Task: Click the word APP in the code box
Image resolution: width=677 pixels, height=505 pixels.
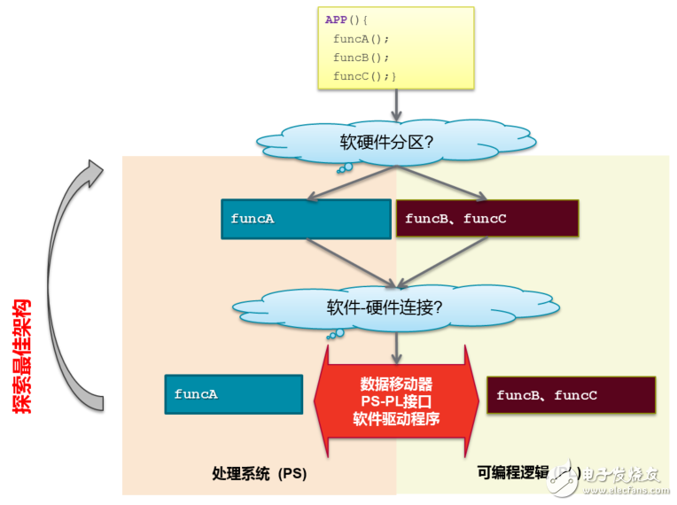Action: (x=337, y=19)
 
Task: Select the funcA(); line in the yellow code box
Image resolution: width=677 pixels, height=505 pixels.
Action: (x=360, y=39)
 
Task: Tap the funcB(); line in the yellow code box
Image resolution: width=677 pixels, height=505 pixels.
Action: (x=360, y=58)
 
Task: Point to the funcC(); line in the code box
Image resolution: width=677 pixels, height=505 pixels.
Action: (x=364, y=76)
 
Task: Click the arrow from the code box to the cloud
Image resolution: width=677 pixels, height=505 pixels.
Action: (x=396, y=105)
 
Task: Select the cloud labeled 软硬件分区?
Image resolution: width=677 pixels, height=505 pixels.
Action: (x=390, y=143)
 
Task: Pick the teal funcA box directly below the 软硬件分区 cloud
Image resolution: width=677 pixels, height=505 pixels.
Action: (x=305, y=219)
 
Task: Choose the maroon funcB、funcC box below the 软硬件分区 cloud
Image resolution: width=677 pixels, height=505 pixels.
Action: (x=486, y=219)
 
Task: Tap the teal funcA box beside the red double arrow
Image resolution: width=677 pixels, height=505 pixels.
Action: (x=233, y=394)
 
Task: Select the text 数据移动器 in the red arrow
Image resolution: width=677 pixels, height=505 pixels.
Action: (x=396, y=385)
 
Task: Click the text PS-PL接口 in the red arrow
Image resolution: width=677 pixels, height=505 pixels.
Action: (x=396, y=401)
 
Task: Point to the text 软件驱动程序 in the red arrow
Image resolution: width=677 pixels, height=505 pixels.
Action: (x=396, y=418)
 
